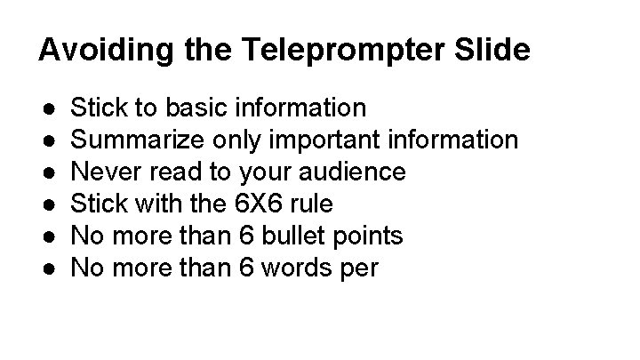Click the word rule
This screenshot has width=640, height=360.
click(313, 204)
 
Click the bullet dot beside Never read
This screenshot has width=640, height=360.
click(50, 172)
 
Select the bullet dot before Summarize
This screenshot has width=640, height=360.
click(50, 140)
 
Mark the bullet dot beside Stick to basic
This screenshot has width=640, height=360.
click(50, 108)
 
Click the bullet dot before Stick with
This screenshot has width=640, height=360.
click(50, 204)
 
